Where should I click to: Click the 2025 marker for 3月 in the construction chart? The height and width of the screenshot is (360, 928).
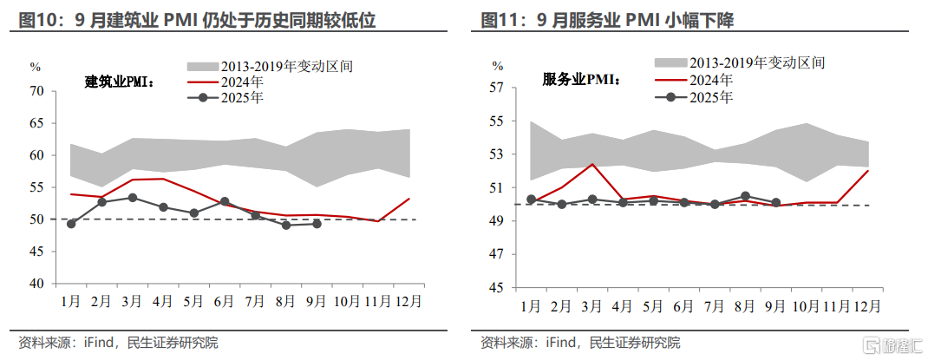click(x=133, y=198)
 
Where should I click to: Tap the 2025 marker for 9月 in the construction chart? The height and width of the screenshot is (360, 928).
click(x=317, y=224)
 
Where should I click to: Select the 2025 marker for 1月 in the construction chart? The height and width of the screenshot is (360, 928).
click(x=71, y=224)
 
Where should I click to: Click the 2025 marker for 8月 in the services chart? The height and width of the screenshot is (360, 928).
click(x=745, y=196)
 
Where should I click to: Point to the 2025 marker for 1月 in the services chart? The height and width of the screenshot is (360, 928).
click(x=531, y=200)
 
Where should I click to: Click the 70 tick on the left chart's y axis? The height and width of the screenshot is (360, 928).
click(x=36, y=91)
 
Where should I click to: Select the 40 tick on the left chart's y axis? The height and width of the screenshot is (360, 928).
click(x=36, y=284)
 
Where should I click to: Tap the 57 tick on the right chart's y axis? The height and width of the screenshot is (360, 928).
click(x=497, y=88)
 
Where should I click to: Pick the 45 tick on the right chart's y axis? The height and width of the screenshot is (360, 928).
click(x=497, y=287)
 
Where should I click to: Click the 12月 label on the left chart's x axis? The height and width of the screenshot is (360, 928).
click(x=409, y=301)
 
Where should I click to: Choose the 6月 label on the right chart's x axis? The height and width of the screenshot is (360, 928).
click(x=683, y=306)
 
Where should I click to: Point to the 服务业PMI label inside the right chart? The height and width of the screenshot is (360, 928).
click(x=581, y=79)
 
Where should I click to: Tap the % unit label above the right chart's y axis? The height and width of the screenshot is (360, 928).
click(x=498, y=66)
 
